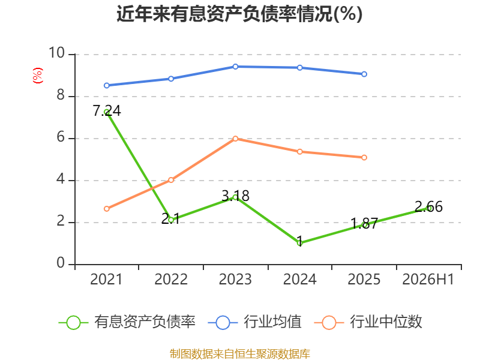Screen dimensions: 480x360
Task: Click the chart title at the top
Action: click(x=239, y=14)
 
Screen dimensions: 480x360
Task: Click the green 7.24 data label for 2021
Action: click(x=107, y=110)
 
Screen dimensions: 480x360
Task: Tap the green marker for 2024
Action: click(x=299, y=243)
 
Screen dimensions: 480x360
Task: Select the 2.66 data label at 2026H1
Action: click(x=428, y=206)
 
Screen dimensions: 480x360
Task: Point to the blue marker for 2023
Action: click(x=235, y=67)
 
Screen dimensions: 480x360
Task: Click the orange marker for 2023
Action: click(x=235, y=139)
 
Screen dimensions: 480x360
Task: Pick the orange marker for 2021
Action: click(x=107, y=209)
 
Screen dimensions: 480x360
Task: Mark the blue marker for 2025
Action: click(x=364, y=74)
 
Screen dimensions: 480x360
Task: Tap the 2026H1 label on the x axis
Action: click(x=428, y=279)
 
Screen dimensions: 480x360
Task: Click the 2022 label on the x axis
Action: click(x=171, y=279)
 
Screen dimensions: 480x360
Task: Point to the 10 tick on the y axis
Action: click(x=57, y=53)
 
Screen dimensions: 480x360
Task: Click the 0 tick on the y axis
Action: click(x=61, y=263)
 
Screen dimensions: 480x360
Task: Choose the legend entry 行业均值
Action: click(x=254, y=322)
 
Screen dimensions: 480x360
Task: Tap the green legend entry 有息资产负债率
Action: click(x=127, y=322)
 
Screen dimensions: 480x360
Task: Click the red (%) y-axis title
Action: click(x=38, y=76)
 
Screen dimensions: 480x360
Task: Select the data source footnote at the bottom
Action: click(x=240, y=354)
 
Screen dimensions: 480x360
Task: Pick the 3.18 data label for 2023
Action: click(x=235, y=196)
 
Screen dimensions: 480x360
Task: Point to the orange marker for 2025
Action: click(x=364, y=158)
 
